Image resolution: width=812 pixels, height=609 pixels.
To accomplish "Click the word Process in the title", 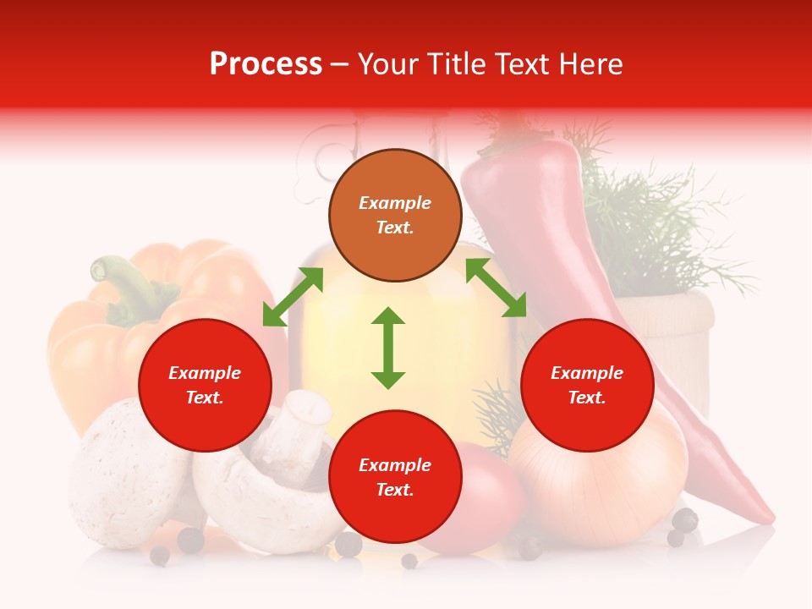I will click(266, 64).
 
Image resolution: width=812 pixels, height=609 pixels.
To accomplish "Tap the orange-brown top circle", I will click(395, 216).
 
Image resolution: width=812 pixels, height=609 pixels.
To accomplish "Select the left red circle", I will click(205, 385).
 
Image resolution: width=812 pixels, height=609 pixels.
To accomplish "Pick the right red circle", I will click(587, 385).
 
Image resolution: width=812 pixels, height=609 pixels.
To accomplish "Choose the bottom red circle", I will click(395, 477).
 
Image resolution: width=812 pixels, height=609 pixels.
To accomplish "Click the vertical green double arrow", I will click(388, 348).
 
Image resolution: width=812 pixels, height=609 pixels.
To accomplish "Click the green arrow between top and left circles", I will click(293, 296).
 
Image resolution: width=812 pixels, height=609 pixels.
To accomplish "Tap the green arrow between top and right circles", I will click(496, 288).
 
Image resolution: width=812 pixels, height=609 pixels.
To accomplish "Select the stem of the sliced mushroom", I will click(300, 423).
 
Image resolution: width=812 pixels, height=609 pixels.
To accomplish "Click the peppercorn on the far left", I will click(159, 555).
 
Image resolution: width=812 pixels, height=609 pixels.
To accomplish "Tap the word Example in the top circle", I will click(395, 203).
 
